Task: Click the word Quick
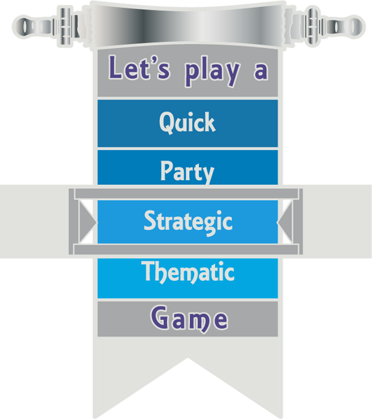187,123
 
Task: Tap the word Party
187,172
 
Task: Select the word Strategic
188,222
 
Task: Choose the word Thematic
188,272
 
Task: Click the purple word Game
189,319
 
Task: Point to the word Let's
139,68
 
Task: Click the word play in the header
212,72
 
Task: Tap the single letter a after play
261,72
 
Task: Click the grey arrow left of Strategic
88,222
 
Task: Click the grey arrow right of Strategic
285,222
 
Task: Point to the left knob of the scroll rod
25,26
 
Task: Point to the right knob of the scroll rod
350,26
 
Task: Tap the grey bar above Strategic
186,194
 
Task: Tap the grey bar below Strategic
186,250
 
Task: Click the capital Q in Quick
167,123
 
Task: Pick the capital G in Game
160,318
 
